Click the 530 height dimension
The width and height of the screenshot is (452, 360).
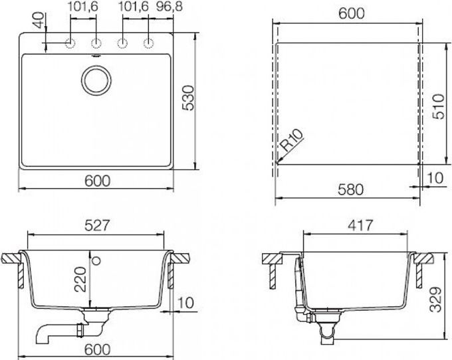pyautogui.click(x=187, y=98)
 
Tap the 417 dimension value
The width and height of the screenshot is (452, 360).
pyautogui.click(x=356, y=226)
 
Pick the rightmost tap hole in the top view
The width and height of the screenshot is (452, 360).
pyautogui.click(x=147, y=44)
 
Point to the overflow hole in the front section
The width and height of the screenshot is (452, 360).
pyautogui.click(x=96, y=259)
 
